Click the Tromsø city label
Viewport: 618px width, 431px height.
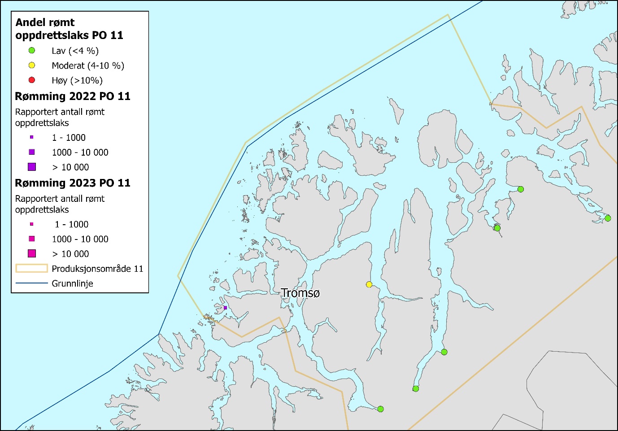(300, 293)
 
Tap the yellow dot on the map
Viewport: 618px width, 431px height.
(369, 284)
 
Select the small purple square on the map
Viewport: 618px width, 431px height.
(225, 308)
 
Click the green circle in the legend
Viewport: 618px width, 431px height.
(32, 51)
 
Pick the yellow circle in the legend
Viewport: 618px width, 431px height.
(32, 65)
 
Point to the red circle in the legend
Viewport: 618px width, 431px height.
(32, 80)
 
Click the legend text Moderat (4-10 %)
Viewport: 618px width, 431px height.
(88, 65)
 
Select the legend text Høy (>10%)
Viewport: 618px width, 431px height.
(77, 80)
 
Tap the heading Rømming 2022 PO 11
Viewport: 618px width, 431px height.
(73, 96)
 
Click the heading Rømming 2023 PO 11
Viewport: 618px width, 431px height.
(73, 183)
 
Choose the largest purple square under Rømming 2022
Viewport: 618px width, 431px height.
(32, 167)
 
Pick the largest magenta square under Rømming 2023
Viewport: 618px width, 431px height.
(32, 253)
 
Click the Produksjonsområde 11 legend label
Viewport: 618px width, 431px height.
(97, 269)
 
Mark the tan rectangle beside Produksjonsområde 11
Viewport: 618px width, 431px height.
(32, 268)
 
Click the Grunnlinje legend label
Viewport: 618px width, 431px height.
(72, 283)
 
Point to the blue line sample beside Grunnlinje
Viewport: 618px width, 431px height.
(32, 283)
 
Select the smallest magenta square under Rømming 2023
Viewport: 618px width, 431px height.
(32, 224)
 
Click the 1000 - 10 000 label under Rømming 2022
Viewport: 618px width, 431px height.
(80, 152)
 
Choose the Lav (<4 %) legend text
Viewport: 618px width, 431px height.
(75, 51)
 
